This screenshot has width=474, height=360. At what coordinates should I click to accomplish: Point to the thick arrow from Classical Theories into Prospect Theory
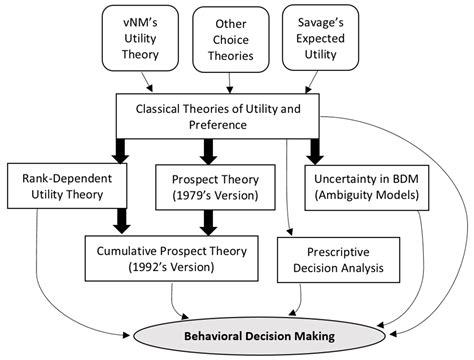point(209,150)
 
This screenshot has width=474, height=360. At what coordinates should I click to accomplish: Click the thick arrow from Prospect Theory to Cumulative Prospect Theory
point(209,221)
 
